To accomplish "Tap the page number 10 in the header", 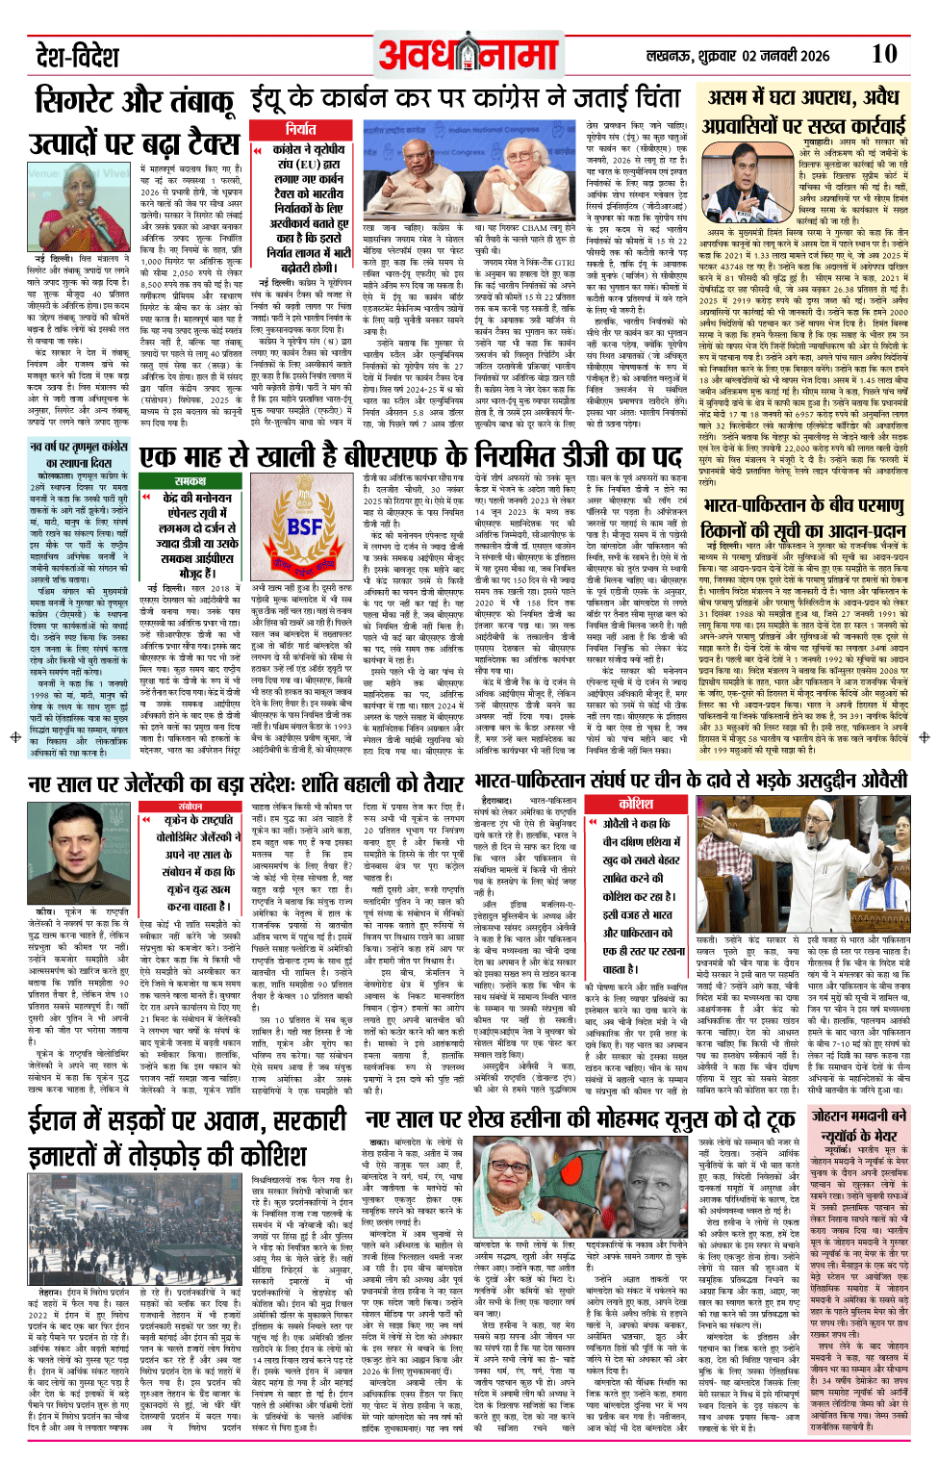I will pyautogui.click(x=884, y=54).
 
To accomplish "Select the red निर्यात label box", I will pyautogui.click(x=301, y=129).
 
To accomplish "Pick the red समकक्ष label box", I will pyautogui.click(x=190, y=480).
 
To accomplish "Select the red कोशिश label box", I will pyautogui.click(x=636, y=804).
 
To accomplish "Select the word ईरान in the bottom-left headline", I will pyautogui.click(x=62, y=1122).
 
